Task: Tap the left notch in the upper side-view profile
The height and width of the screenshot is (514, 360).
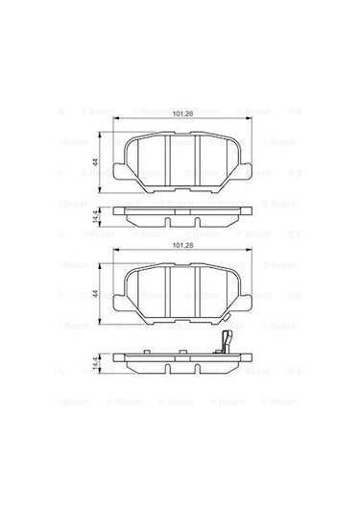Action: [x=164, y=223]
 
